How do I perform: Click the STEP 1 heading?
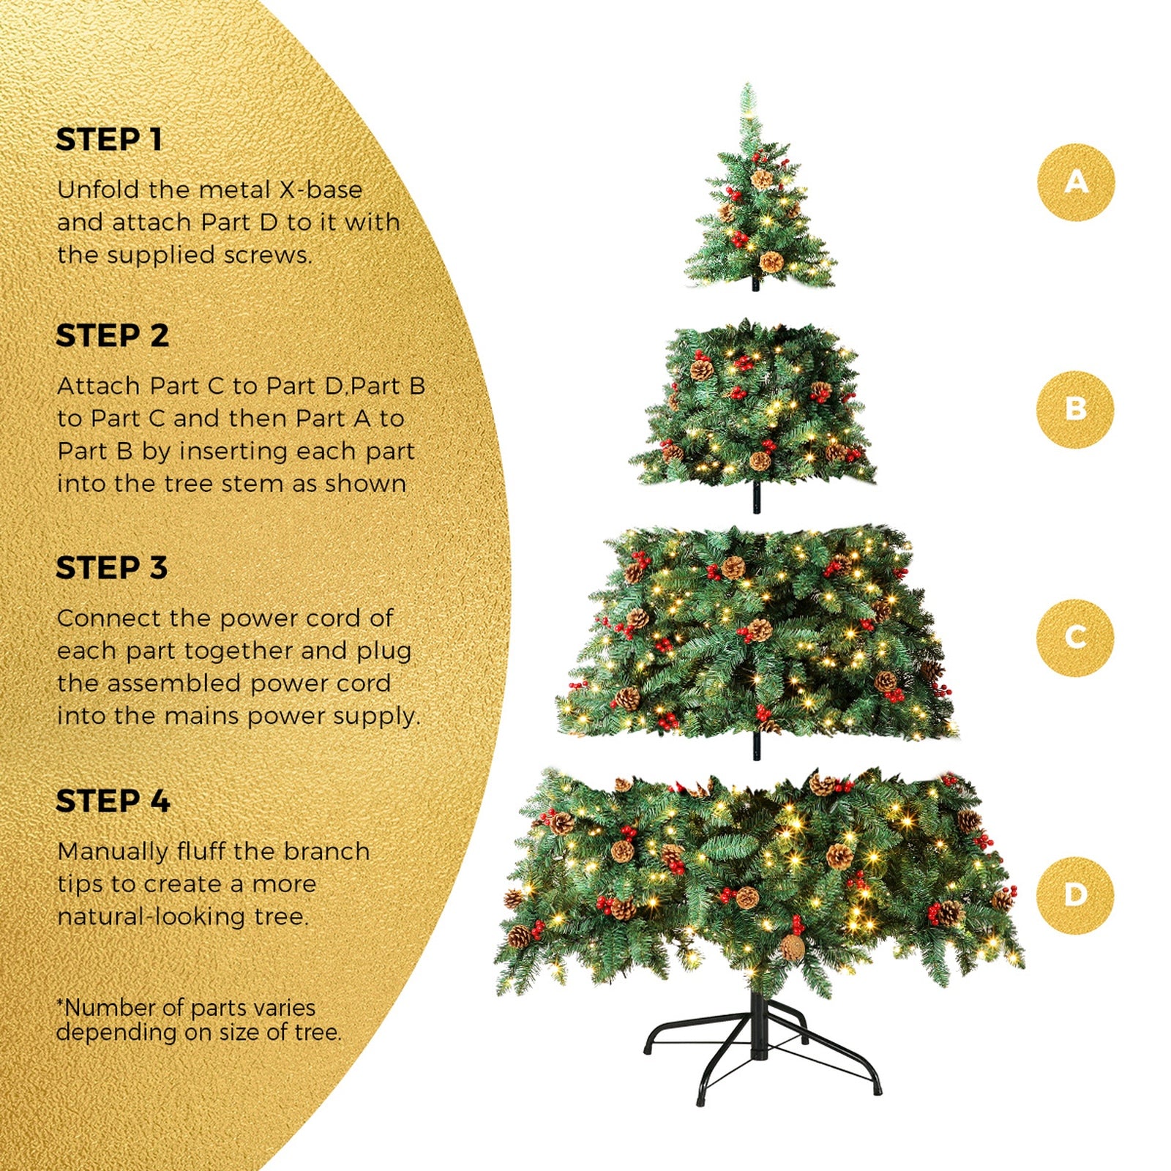pos(109,140)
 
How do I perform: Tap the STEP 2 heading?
pos(112,336)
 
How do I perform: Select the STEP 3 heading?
pos(111,568)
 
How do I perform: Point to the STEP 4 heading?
pos(113,801)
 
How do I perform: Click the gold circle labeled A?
pos(1075,182)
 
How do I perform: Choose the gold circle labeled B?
pos(1074,409)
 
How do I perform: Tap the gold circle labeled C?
pos(1074,637)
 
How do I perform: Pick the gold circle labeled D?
pos(1074,895)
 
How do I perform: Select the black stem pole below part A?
pos(756,284)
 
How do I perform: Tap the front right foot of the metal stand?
pos(877,1090)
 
